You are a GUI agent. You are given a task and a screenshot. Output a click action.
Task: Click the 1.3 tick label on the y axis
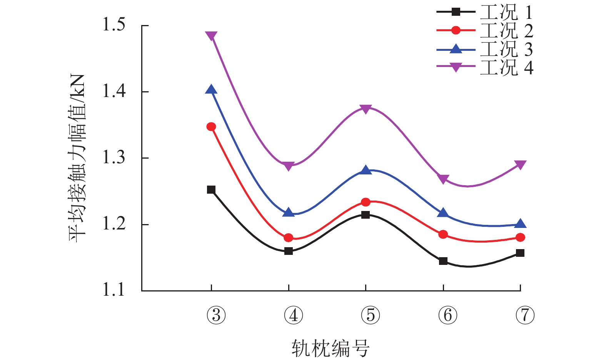(114, 157)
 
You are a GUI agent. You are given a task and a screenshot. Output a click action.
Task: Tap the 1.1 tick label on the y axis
(114, 290)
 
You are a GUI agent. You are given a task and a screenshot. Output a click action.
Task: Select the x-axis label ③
(216, 315)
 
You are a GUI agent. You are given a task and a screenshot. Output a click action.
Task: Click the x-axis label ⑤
(371, 315)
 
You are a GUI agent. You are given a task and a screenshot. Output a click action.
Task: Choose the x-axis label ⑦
(525, 315)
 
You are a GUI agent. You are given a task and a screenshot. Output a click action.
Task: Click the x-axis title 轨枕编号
(330, 348)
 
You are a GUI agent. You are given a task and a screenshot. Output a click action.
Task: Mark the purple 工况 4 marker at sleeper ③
(211, 36)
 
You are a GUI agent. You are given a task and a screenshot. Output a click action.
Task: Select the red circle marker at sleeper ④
(289, 238)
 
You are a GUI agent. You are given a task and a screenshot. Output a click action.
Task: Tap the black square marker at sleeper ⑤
(366, 215)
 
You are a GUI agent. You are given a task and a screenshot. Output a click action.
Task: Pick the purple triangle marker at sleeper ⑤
(366, 109)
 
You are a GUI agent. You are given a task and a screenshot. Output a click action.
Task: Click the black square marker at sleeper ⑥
(443, 261)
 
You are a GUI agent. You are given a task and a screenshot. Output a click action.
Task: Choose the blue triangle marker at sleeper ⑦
(520, 224)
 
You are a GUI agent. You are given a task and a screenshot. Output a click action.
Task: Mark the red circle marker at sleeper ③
(211, 127)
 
